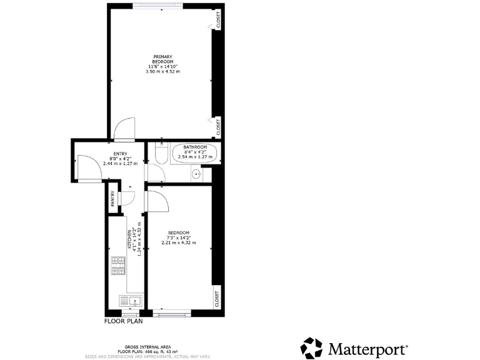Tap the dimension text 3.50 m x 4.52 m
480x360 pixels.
[162, 72]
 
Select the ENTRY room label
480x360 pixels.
[120, 154]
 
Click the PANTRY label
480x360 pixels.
[112, 199]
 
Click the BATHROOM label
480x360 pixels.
[195, 147]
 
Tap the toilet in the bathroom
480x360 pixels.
[159, 154]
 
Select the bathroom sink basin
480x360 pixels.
[196, 174]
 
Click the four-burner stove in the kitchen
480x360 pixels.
[118, 266]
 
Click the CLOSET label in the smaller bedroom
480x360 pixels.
[217, 299]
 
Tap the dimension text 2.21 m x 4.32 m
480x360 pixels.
[178, 242]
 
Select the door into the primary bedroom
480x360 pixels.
[124, 129]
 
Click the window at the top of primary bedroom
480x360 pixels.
[157, 6]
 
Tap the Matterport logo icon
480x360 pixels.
[312, 347]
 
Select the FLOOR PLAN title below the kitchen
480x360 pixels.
[123, 322]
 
